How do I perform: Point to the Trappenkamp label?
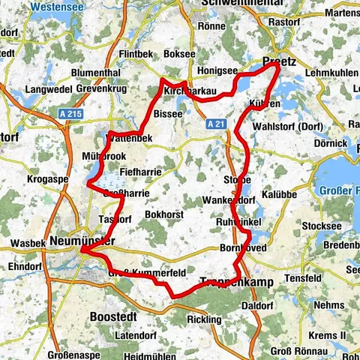[x=232, y=283]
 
